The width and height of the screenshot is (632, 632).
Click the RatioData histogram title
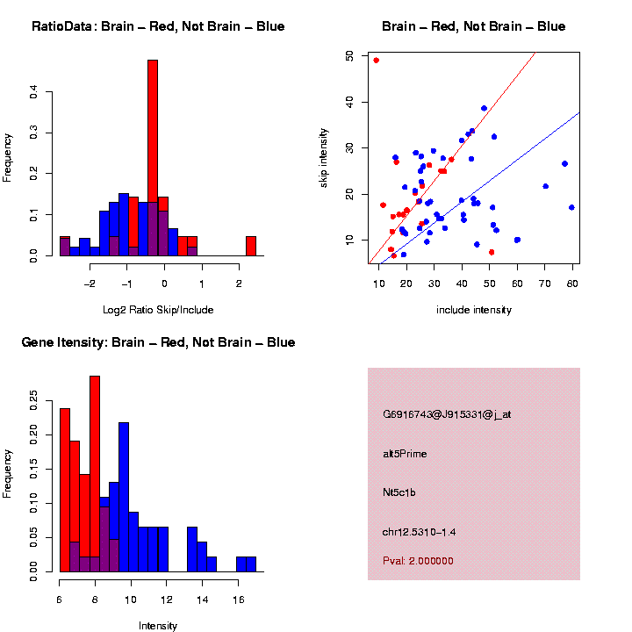tap(158, 26)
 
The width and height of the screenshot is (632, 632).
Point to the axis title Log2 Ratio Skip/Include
tap(158, 310)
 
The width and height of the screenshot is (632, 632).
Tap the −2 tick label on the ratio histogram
tap(89, 284)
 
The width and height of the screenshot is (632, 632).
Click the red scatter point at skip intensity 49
tap(377, 61)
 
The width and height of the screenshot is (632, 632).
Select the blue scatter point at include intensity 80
tap(571, 207)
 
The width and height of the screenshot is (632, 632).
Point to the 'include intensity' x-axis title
tap(474, 310)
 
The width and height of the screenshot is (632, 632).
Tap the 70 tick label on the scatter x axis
tap(544, 284)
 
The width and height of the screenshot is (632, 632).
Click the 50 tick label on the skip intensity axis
tap(350, 55)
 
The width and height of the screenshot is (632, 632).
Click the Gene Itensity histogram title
tap(158, 342)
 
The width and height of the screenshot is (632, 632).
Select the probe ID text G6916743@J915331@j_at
tap(447, 414)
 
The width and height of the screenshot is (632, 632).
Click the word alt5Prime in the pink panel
tap(405, 454)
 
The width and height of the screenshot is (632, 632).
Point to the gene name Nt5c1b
tap(399, 493)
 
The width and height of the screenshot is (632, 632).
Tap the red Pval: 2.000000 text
tap(418, 561)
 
